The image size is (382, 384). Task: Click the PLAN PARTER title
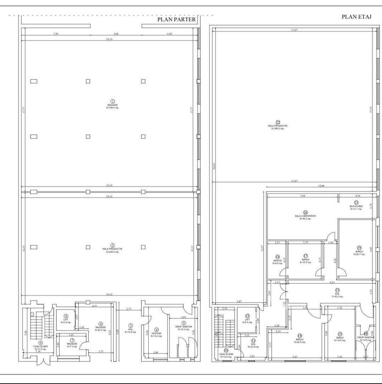(176, 20)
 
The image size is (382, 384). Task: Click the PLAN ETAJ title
(357, 17)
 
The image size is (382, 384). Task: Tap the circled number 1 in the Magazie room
(113, 101)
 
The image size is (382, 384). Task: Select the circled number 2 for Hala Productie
(113, 245)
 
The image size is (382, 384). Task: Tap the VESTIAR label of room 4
(157, 333)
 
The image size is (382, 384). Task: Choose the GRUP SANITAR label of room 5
(184, 326)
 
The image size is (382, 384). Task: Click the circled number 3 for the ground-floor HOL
(131, 325)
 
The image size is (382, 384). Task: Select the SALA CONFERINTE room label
(305, 216)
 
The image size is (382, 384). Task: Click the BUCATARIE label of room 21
(356, 206)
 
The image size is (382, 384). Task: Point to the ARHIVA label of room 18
(278, 260)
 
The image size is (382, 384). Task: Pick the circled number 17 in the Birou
(305, 256)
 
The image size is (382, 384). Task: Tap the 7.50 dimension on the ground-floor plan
(55, 34)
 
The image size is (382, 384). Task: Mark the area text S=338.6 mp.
(113, 108)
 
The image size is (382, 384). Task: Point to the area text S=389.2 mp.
(278, 128)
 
